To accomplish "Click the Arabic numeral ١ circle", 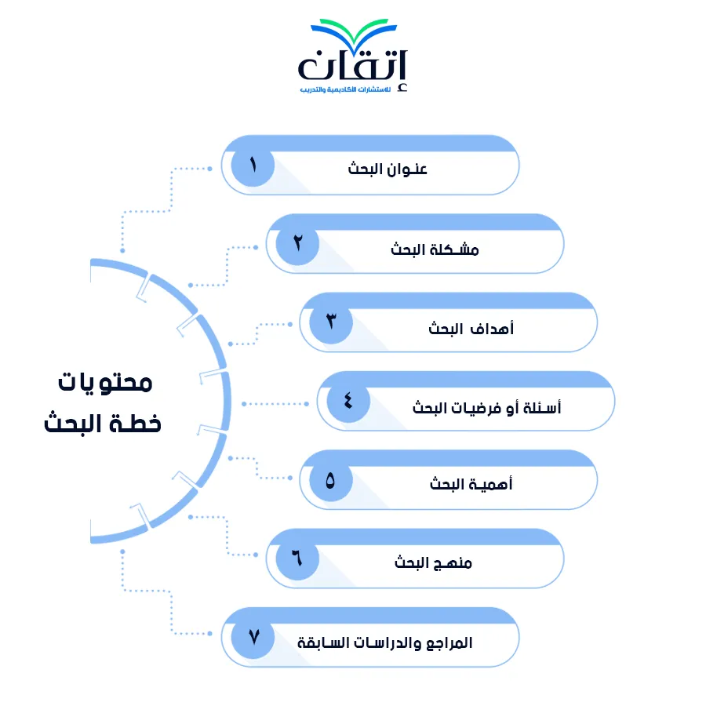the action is click(253, 165).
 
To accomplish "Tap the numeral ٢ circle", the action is click(297, 244).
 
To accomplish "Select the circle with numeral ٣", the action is click(331, 322).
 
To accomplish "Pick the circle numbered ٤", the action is click(348, 401).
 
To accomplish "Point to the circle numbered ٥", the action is click(331, 479).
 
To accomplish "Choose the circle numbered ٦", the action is click(297, 559).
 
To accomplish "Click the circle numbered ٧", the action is click(253, 637).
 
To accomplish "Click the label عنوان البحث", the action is click(388, 169).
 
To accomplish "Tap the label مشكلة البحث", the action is click(435, 249).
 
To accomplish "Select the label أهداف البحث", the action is click(471, 328).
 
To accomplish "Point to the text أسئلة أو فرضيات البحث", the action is click(486, 407).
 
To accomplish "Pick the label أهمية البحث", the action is click(471, 484).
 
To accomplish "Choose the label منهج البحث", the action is click(433, 562).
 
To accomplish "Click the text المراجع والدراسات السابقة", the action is click(385, 642).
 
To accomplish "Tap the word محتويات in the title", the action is click(105, 383).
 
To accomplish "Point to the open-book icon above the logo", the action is click(354, 32).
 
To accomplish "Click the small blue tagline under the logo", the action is click(345, 89).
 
